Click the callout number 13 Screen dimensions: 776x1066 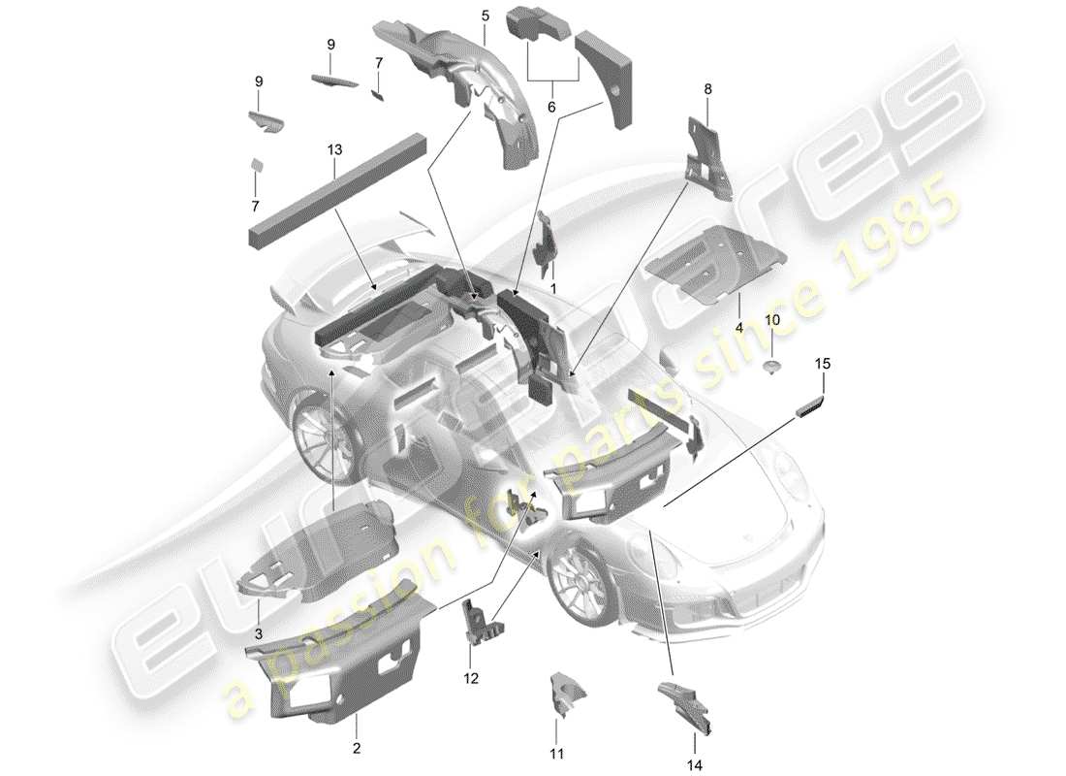[x=334, y=150]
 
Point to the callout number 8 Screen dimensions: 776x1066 [x=707, y=89]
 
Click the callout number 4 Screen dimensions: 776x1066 [x=738, y=328]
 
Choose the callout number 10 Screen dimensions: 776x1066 [x=772, y=320]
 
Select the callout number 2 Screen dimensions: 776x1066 [x=356, y=748]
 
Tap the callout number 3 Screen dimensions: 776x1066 [x=259, y=631]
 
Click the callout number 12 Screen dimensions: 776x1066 [x=471, y=679]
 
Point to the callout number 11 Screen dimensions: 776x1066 [x=556, y=752]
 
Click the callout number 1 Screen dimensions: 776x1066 [x=553, y=288]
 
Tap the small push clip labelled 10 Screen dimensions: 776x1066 [x=772, y=366]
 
